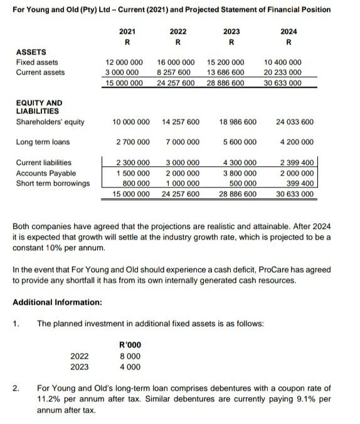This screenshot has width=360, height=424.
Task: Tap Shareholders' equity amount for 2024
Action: pyautogui.click(x=294, y=122)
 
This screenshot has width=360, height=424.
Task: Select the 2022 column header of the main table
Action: pyautogui.click(x=178, y=31)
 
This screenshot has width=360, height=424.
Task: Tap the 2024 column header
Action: pyautogui.click(x=289, y=31)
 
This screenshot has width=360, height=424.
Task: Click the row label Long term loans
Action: pyautogui.click(x=43, y=142)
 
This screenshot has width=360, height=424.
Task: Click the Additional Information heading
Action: pyautogui.click(x=57, y=302)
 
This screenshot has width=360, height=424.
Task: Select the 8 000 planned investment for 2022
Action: pyautogui.click(x=130, y=356)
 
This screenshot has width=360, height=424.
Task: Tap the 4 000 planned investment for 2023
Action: pyautogui.click(x=130, y=367)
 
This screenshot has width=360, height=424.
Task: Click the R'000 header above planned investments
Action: pyautogui.click(x=130, y=344)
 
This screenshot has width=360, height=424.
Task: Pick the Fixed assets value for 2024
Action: pyautogui.click(x=283, y=62)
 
